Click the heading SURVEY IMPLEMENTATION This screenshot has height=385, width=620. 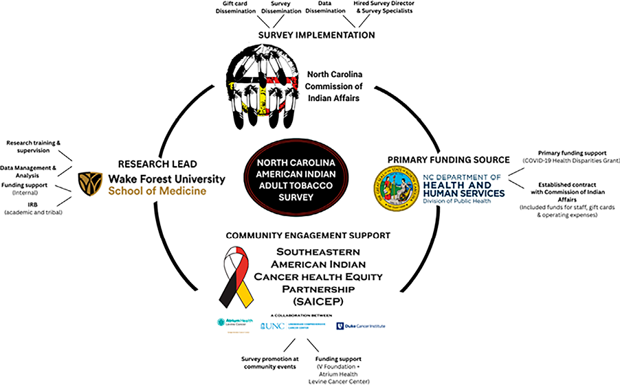click(316, 35)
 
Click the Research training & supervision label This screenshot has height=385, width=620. click(34, 148)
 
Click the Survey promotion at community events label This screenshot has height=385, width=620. click(268, 362)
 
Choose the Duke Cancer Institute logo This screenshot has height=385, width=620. click(361, 325)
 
